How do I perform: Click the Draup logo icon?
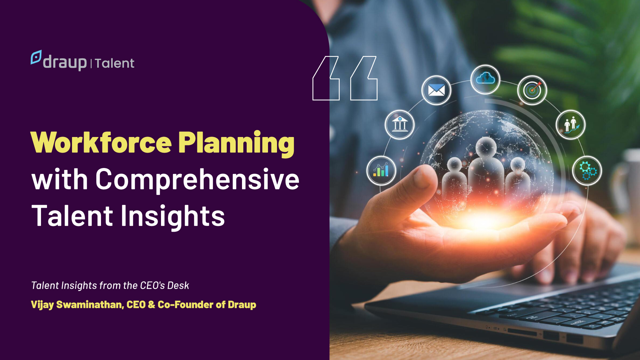[x=36, y=57]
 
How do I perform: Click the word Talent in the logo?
[x=114, y=63]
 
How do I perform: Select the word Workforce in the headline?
[x=101, y=143]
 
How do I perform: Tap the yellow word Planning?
[x=236, y=143]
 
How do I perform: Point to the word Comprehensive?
[x=197, y=180]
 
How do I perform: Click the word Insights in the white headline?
[x=173, y=216]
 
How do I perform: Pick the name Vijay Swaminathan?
[x=77, y=305]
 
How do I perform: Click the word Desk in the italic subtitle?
[x=178, y=286]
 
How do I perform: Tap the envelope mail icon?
[x=436, y=90]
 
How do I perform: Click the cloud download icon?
[x=485, y=79]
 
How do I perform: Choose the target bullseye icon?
[x=532, y=90]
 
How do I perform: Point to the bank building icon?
[x=399, y=124]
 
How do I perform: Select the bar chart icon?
[x=381, y=170]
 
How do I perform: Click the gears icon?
[x=587, y=171]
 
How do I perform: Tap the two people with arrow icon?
[x=571, y=124]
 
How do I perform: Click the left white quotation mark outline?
[x=326, y=78]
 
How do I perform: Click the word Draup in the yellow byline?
[x=242, y=305]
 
